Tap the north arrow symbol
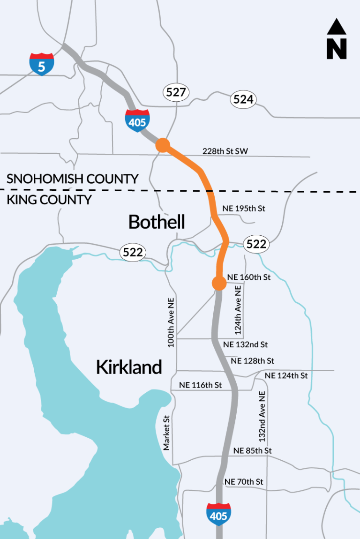click(337, 39)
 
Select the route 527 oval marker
click(176, 92)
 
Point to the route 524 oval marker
click(243, 99)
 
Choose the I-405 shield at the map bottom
click(218, 514)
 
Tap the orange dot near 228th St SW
click(163, 145)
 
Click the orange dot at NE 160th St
click(218, 283)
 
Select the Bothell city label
click(157, 222)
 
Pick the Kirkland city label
click(129, 367)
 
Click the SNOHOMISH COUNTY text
click(73, 179)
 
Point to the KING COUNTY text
click(49, 200)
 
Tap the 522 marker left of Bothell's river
click(133, 252)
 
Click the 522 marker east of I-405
click(256, 244)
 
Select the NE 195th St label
click(244, 208)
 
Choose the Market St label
click(166, 432)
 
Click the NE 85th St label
click(253, 450)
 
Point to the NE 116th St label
click(201, 385)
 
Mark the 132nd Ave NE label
click(262, 416)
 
